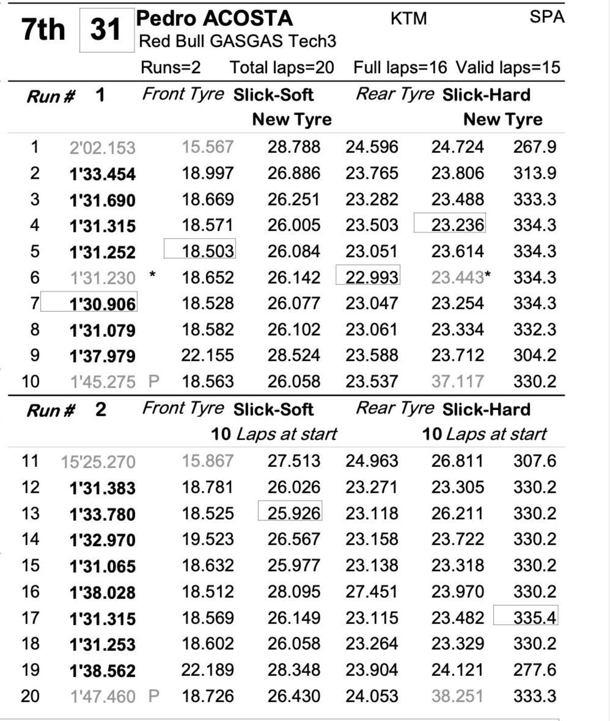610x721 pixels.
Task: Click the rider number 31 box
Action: (x=106, y=30)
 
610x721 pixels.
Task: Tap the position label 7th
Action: (x=43, y=29)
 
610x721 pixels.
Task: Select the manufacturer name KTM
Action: (x=408, y=19)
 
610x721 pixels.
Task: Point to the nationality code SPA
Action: (x=546, y=17)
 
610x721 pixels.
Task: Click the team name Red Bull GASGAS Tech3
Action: (x=237, y=41)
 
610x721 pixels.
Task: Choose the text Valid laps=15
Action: (x=507, y=68)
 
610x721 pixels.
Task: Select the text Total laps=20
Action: (x=282, y=68)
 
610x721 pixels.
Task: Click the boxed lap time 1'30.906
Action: (x=102, y=304)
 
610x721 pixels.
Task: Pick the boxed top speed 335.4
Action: (x=534, y=617)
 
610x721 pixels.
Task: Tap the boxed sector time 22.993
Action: (x=372, y=277)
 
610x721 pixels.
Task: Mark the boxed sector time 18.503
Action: (x=207, y=251)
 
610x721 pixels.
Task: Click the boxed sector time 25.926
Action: (x=294, y=513)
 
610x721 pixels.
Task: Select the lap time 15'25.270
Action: (x=98, y=462)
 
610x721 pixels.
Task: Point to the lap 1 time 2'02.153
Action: (x=102, y=148)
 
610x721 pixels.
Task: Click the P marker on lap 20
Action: (x=154, y=696)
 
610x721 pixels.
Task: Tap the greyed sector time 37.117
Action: (x=457, y=381)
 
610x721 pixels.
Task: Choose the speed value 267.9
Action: (x=534, y=147)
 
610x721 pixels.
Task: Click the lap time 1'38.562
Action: (x=102, y=670)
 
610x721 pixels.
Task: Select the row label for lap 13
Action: (x=30, y=513)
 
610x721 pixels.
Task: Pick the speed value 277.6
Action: (x=534, y=670)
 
